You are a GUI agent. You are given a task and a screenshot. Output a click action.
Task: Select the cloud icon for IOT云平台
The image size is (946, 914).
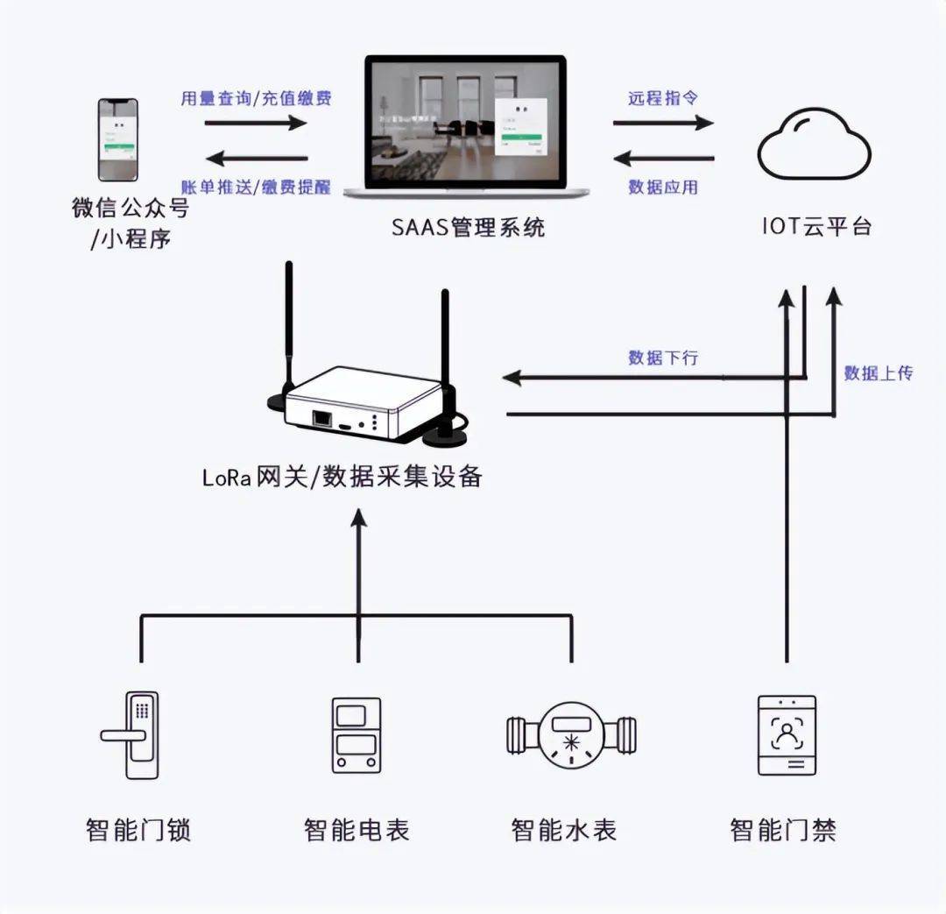tap(814, 146)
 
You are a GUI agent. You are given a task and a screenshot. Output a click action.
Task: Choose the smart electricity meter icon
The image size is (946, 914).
tap(357, 734)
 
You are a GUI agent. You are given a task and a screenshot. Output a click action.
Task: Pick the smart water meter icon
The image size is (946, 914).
tap(571, 734)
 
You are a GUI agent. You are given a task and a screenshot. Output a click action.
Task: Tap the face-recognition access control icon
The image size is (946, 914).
tap(787, 734)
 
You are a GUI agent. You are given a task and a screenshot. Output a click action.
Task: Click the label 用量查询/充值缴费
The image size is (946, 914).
tap(257, 97)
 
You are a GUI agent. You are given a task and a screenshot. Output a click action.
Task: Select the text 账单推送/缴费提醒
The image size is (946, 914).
tap(256, 187)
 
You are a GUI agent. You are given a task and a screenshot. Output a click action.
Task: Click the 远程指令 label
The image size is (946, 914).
tap(663, 97)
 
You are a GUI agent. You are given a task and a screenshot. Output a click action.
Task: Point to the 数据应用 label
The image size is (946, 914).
tap(663, 187)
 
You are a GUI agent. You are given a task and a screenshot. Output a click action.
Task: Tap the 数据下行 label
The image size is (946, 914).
tap(663, 357)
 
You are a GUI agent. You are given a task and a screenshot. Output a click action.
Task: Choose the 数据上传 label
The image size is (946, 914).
tap(878, 372)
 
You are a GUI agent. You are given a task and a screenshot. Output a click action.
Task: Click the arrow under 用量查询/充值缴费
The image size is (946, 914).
tap(256, 122)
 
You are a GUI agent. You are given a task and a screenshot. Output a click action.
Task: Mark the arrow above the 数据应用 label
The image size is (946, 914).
tap(663, 159)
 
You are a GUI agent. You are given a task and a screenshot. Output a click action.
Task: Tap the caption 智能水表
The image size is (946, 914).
tap(563, 830)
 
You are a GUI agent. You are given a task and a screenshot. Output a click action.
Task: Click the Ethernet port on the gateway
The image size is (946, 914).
tap(322, 417)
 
